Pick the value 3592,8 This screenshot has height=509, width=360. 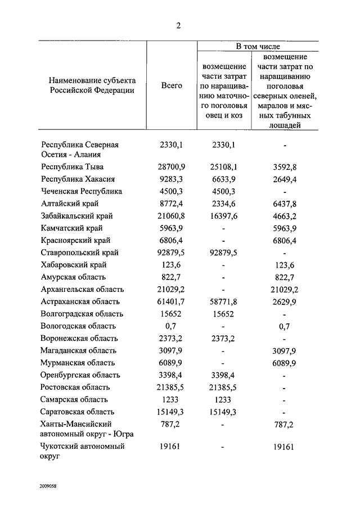[x=285, y=167]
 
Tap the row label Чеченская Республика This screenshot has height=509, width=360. [x=82, y=192]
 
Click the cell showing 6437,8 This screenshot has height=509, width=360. [x=285, y=204]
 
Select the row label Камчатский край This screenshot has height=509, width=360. [x=72, y=228]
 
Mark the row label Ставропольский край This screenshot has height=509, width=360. [x=80, y=253]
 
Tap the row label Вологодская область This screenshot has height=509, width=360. [x=78, y=326]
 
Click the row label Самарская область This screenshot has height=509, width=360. [x=75, y=400]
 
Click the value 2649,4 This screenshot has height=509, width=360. [x=285, y=179]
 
